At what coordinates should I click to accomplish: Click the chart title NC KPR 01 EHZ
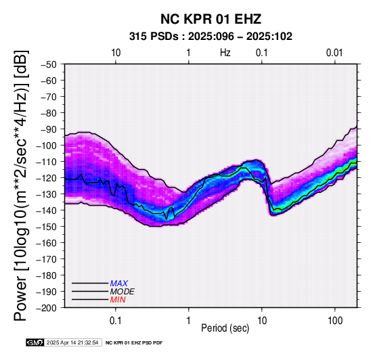pyautogui.click(x=211, y=19)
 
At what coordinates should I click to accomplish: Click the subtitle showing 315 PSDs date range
pyautogui.click(x=211, y=37)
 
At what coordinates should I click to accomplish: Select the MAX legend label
pyautogui.click(x=119, y=284)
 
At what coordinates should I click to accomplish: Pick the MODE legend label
pyautogui.click(x=123, y=292)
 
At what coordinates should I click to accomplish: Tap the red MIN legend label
pyautogui.click(x=118, y=300)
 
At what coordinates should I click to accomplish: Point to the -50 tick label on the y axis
pyautogui.click(x=49, y=64)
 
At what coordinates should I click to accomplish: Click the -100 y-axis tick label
pyautogui.click(x=47, y=145)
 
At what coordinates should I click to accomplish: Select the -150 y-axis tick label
pyautogui.click(x=47, y=227)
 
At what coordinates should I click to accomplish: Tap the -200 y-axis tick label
pyautogui.click(x=47, y=308)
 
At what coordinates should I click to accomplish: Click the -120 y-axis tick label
pyautogui.click(x=47, y=178)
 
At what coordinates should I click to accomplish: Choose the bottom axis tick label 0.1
pyautogui.click(x=116, y=321)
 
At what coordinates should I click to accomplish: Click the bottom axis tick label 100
pyautogui.click(x=335, y=321)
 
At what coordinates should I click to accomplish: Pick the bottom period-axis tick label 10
pyautogui.click(x=262, y=321)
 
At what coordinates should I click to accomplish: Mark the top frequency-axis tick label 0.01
pyautogui.click(x=334, y=53)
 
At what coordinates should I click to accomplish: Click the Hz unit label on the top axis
pyautogui.click(x=225, y=53)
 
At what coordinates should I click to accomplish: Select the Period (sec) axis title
pyautogui.click(x=225, y=328)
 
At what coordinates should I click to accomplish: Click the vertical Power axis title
pyautogui.click(x=20, y=185)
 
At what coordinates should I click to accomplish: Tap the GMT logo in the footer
pyautogui.click(x=35, y=342)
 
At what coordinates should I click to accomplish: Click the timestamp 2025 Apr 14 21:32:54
pyautogui.click(x=72, y=343)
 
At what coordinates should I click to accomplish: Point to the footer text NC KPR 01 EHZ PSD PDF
pyautogui.click(x=134, y=343)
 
